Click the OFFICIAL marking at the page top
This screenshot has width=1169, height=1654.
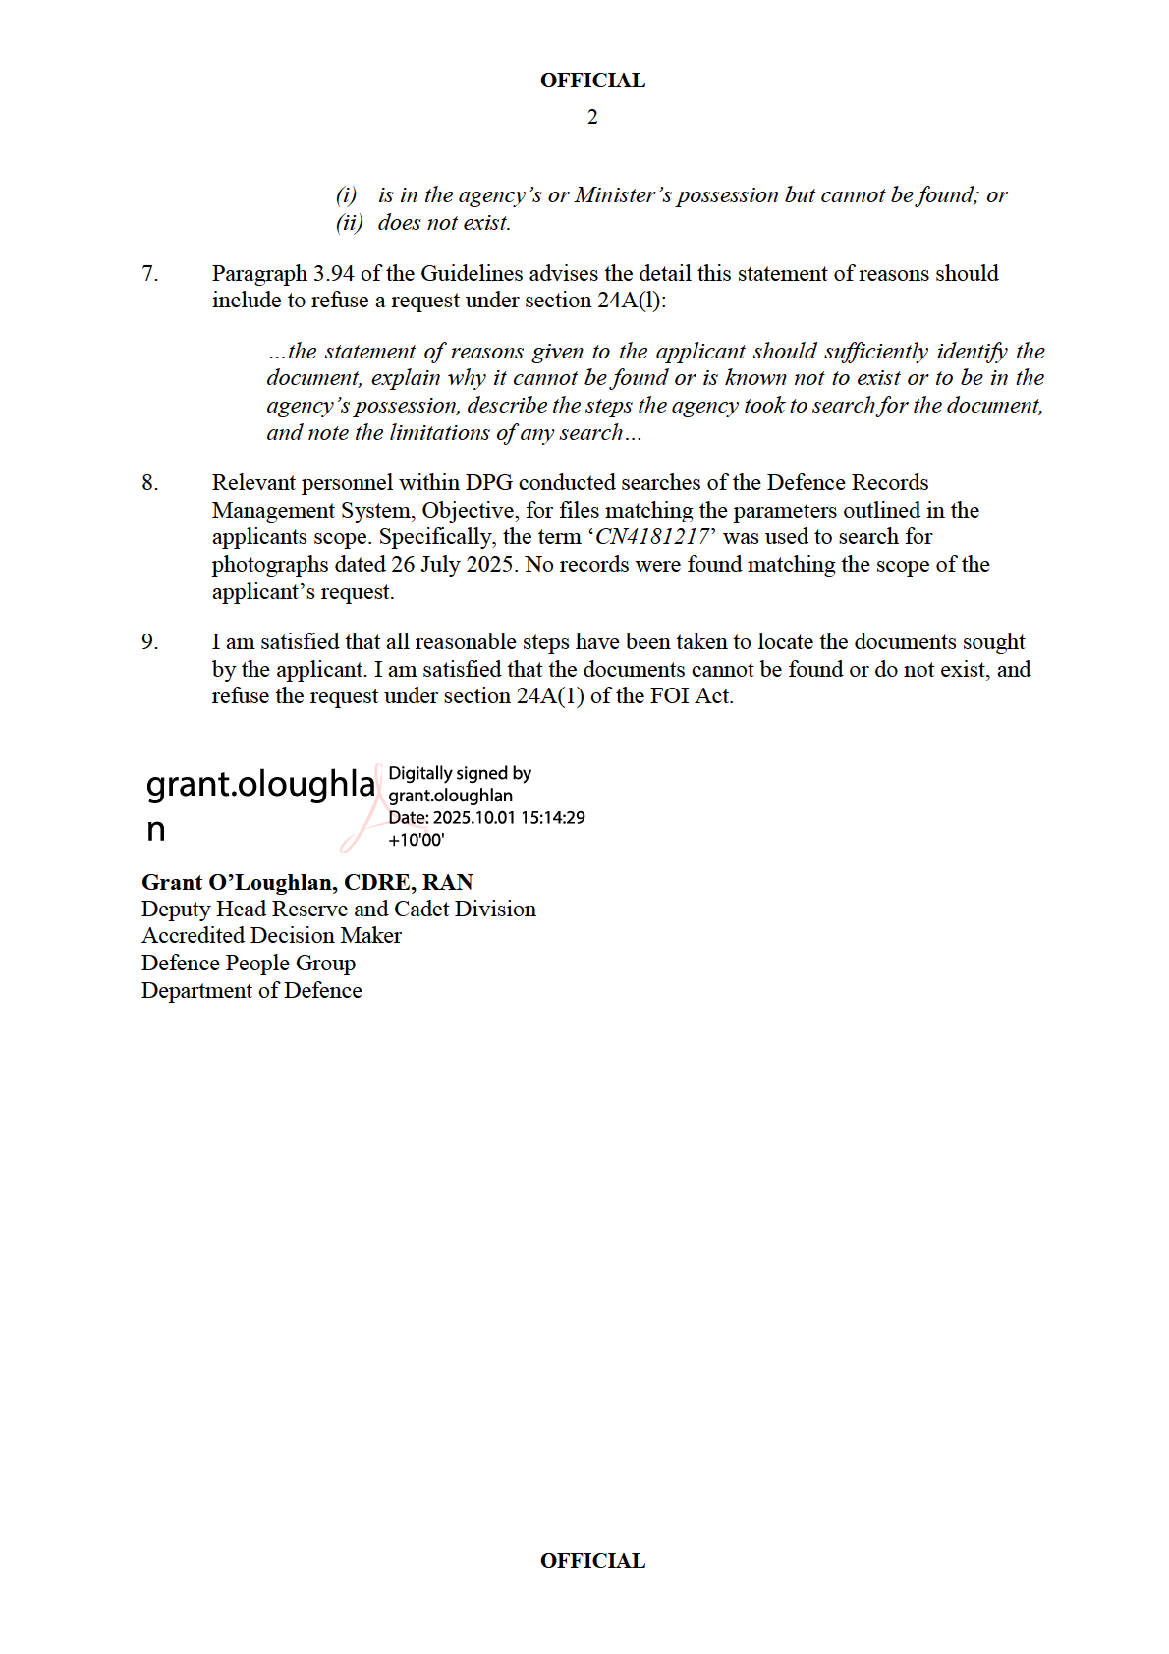coord(592,81)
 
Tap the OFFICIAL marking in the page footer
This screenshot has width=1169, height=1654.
coord(592,1561)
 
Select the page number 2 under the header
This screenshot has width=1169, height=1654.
coord(592,117)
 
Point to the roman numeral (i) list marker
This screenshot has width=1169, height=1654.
coord(346,195)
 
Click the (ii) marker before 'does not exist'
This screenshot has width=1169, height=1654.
coord(349,223)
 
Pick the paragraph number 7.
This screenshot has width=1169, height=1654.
coord(149,273)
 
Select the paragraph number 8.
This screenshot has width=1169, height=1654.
coord(149,483)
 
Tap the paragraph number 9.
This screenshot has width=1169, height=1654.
coord(149,642)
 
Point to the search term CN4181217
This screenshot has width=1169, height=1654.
coord(652,537)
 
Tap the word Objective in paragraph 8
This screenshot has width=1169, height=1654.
coord(468,511)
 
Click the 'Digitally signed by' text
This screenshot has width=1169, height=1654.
coord(460,774)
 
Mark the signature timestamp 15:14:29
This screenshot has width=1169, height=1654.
coord(552,818)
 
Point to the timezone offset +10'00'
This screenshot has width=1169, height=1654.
coord(417,841)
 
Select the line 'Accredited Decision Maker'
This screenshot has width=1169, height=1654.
coord(271,936)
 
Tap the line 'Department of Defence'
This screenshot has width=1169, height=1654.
coord(251,991)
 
